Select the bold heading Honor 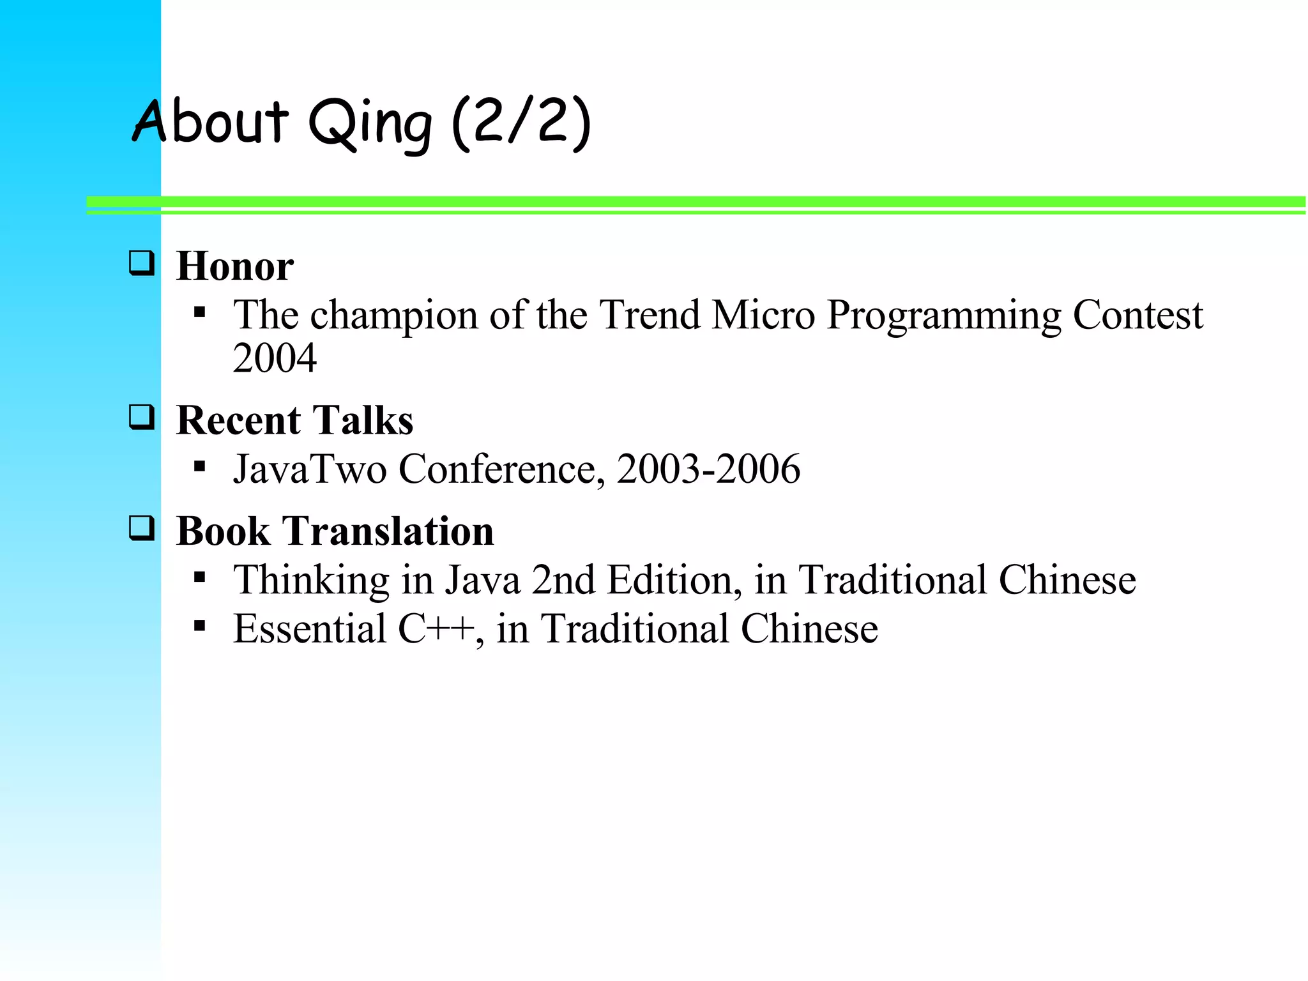pos(234,266)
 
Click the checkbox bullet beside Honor pos(141,263)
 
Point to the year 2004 pos(275,358)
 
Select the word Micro pos(763,315)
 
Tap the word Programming pos(943,316)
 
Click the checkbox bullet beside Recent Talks pos(141,417)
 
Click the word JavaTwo pos(310,469)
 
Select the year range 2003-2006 pos(708,469)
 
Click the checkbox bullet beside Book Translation pos(141,528)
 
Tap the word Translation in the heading pos(388,531)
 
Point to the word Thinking pos(311,581)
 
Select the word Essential pos(310,628)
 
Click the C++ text pos(436,628)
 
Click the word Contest pos(1137,315)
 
